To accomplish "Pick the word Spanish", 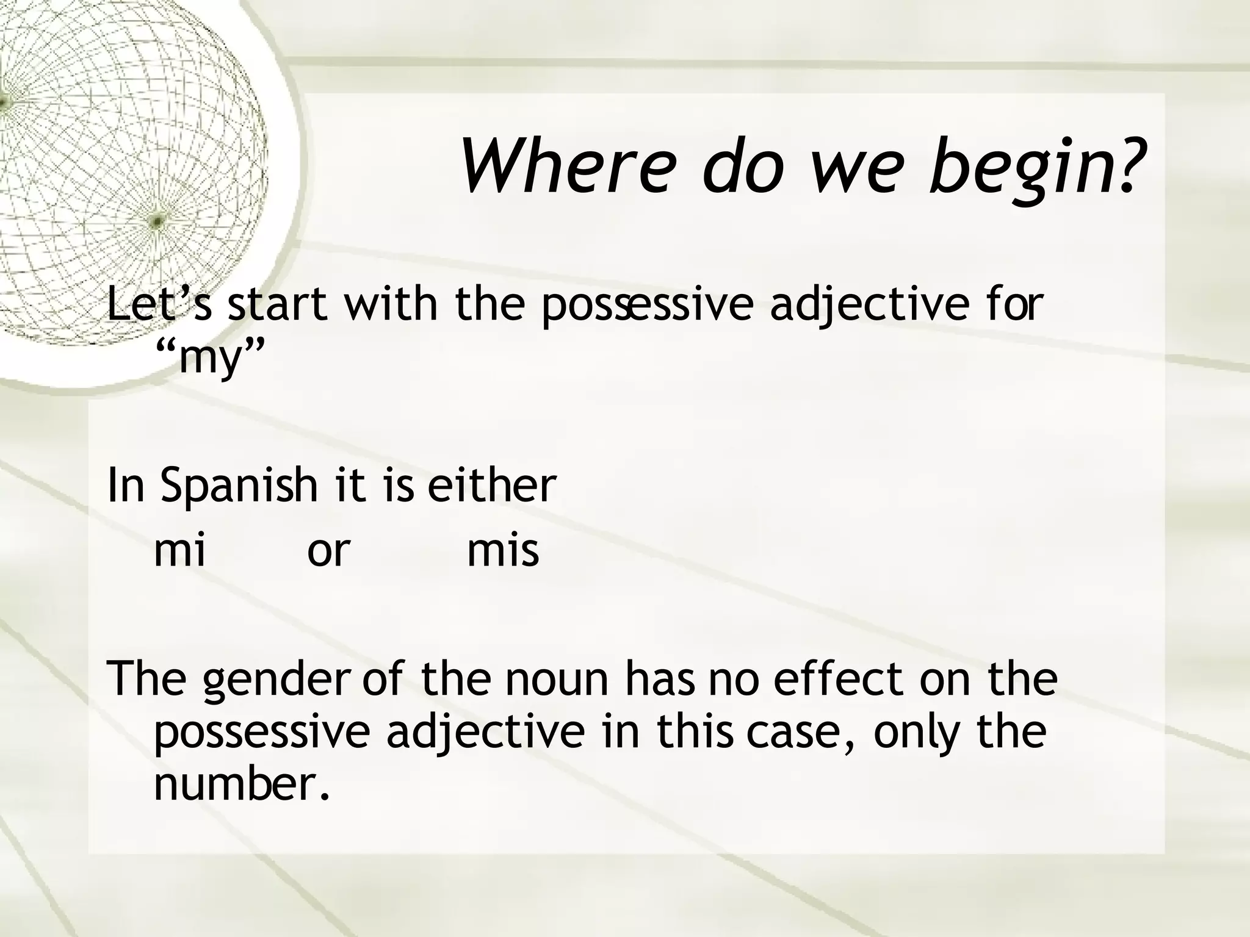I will [x=239, y=487].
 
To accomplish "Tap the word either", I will [x=491, y=486].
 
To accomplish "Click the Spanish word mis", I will [x=503, y=550].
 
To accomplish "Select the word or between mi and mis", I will [x=328, y=551].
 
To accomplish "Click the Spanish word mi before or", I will [x=179, y=550].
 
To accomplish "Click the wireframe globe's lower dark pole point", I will [x=157, y=221].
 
